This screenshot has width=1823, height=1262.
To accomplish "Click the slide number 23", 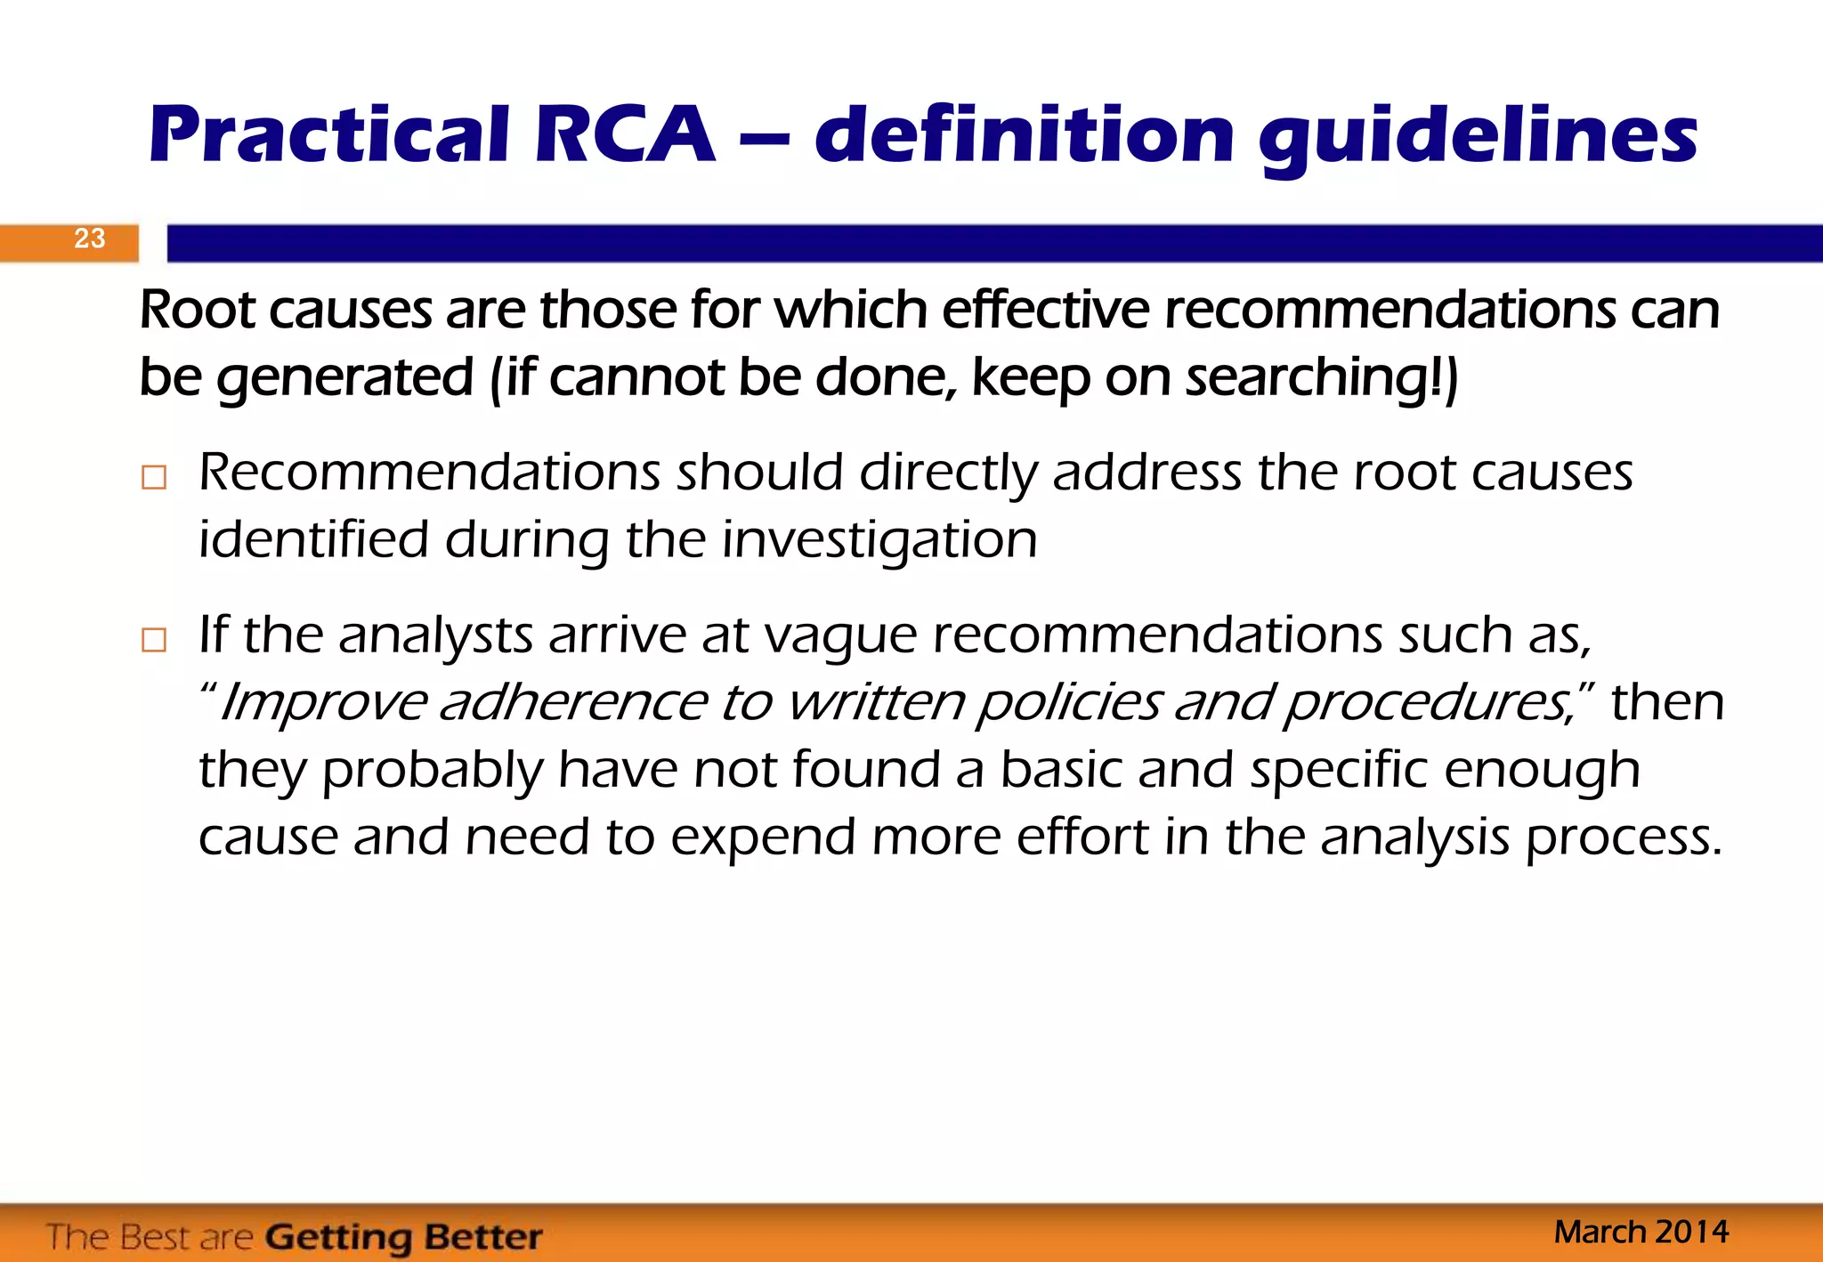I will click(89, 239).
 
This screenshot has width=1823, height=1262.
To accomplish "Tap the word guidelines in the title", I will click(1478, 138).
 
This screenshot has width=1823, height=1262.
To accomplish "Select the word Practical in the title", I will click(329, 135).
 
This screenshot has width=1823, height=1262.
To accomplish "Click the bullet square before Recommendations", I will click(154, 478).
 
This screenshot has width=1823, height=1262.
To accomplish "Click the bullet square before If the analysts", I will click(154, 640).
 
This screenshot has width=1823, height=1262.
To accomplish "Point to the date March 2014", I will click(1641, 1233).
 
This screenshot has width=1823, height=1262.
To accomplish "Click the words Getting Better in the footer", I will click(404, 1237).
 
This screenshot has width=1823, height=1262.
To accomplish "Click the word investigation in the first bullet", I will click(879, 540).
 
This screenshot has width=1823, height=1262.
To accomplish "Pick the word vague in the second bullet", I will click(840, 637).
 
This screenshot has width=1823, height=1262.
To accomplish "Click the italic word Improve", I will click(322, 703).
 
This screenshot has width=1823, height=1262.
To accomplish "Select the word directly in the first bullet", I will click(949, 473).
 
